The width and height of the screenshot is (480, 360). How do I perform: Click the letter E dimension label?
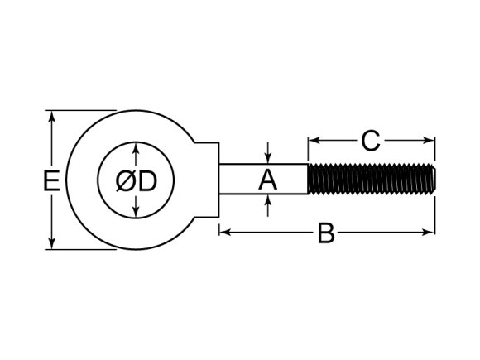51,180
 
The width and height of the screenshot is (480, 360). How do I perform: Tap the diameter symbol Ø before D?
126,181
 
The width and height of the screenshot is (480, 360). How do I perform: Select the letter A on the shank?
267,180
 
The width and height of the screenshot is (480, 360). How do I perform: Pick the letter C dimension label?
371,141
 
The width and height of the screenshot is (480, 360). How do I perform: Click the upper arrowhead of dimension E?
52,117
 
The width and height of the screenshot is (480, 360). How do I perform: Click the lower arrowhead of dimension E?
52,243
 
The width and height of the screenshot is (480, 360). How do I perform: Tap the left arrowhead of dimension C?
314,141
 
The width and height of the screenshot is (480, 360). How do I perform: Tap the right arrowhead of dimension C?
428,141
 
